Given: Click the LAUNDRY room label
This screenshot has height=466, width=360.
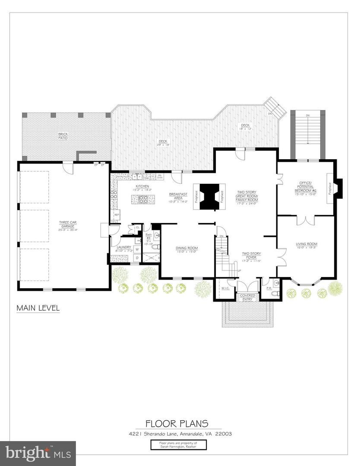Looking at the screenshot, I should (124, 248).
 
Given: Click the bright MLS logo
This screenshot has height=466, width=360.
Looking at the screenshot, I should (38, 453).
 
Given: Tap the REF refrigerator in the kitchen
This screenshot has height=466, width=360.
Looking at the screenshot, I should (116, 215).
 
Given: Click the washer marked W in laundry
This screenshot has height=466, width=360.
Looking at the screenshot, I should (137, 249).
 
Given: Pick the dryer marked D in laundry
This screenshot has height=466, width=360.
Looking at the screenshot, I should (137, 258).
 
